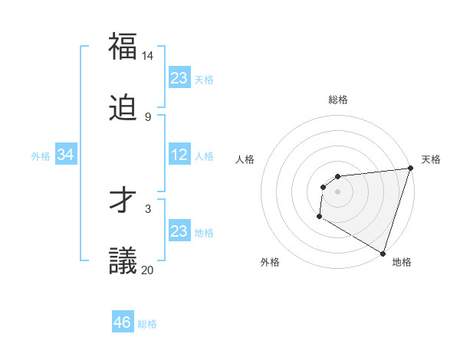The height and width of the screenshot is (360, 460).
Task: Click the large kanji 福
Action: (x=123, y=47)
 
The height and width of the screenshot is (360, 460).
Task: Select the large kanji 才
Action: (x=123, y=200)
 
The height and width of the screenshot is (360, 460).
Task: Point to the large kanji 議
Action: (x=123, y=260)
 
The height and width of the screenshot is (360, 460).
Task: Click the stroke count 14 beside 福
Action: (x=148, y=56)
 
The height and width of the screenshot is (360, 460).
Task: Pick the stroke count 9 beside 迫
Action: (x=148, y=116)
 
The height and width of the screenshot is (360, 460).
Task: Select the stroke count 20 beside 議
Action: (x=148, y=270)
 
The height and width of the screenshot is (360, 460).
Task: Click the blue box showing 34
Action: (x=66, y=155)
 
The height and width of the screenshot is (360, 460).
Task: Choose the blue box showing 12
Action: (x=179, y=155)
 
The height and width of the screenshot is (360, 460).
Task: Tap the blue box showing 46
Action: (x=123, y=322)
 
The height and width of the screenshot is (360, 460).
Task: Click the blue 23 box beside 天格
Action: (x=179, y=78)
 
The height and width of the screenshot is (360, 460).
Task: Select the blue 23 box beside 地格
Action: (x=179, y=231)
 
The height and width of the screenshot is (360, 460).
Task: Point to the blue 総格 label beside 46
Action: (x=147, y=324)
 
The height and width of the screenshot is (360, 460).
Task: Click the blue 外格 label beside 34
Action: (x=41, y=156)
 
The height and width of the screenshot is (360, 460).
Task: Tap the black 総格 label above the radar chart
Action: (x=338, y=100)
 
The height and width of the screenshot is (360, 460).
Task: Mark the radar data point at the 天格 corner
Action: (x=410, y=169)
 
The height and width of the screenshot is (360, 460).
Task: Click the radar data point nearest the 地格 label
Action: (x=383, y=253)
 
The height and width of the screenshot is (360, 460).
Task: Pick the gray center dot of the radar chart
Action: (x=338, y=191)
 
